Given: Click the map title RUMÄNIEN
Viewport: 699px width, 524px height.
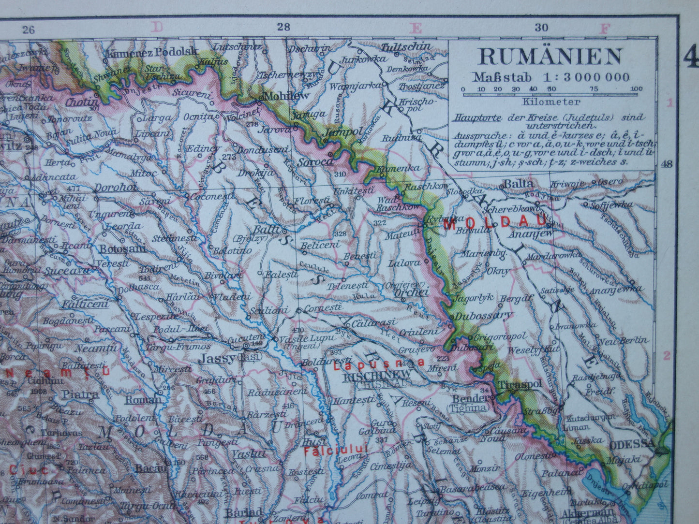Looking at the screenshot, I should click(550, 57).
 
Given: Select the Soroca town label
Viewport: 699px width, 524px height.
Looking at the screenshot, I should click(315, 161).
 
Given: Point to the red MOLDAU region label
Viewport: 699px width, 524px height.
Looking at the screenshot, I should click(495, 223).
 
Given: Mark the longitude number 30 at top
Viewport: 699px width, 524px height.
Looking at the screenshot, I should click(541, 28).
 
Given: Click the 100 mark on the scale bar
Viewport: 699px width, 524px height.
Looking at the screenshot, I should click(637, 89).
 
